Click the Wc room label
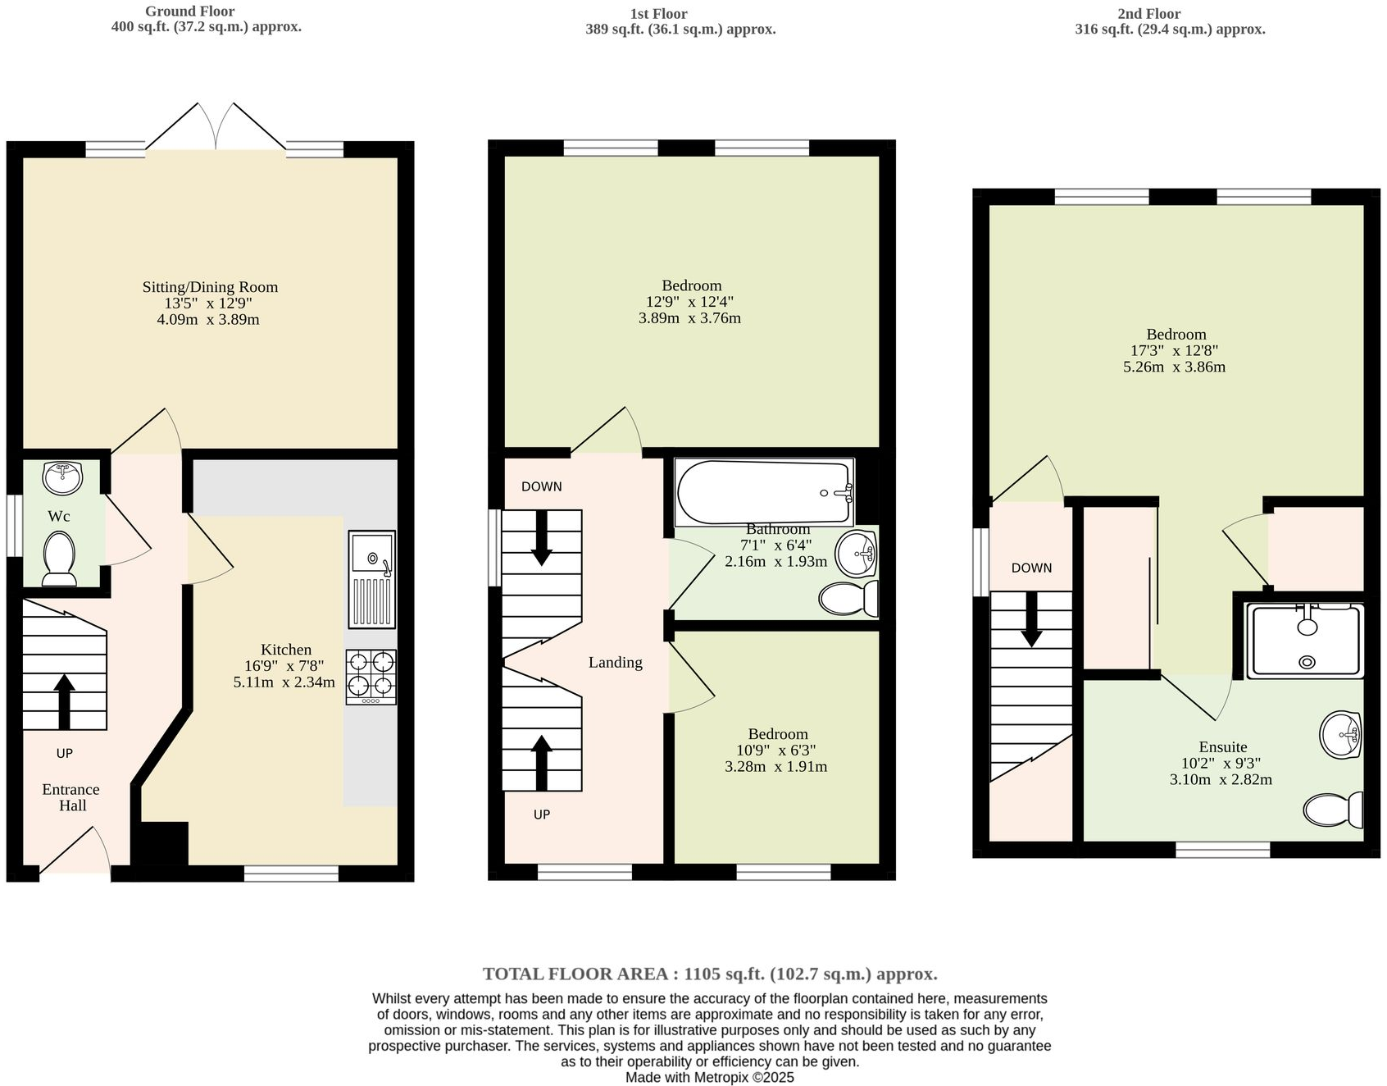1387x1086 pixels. [x=58, y=516]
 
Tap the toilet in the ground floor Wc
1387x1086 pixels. [x=58, y=559]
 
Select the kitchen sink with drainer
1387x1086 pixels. [x=371, y=578]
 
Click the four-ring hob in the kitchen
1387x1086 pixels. [x=371, y=676]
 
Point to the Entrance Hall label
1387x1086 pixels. [x=71, y=797]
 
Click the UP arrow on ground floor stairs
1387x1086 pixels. [x=64, y=702]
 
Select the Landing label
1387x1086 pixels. [x=615, y=663]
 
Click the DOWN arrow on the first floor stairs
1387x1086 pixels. [x=541, y=538]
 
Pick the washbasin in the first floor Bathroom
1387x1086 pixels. [x=857, y=554]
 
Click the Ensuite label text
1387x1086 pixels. [x=1222, y=747]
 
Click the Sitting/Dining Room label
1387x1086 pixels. [x=210, y=287]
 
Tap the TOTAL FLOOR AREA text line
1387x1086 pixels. [x=709, y=974]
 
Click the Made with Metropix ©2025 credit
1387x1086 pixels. [x=709, y=1077]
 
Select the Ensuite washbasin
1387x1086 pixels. [x=1341, y=735]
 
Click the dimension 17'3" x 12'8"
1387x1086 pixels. [x=1176, y=351]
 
